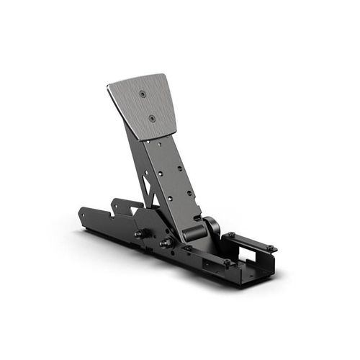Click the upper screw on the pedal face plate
[x=143, y=94]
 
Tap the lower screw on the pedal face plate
[x=152, y=117]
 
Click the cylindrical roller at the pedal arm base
[x=193, y=233]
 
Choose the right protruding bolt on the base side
[x=165, y=243]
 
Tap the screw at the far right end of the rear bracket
[x=270, y=247]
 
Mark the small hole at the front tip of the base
[x=86, y=213]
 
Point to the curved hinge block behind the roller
[x=212, y=226]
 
